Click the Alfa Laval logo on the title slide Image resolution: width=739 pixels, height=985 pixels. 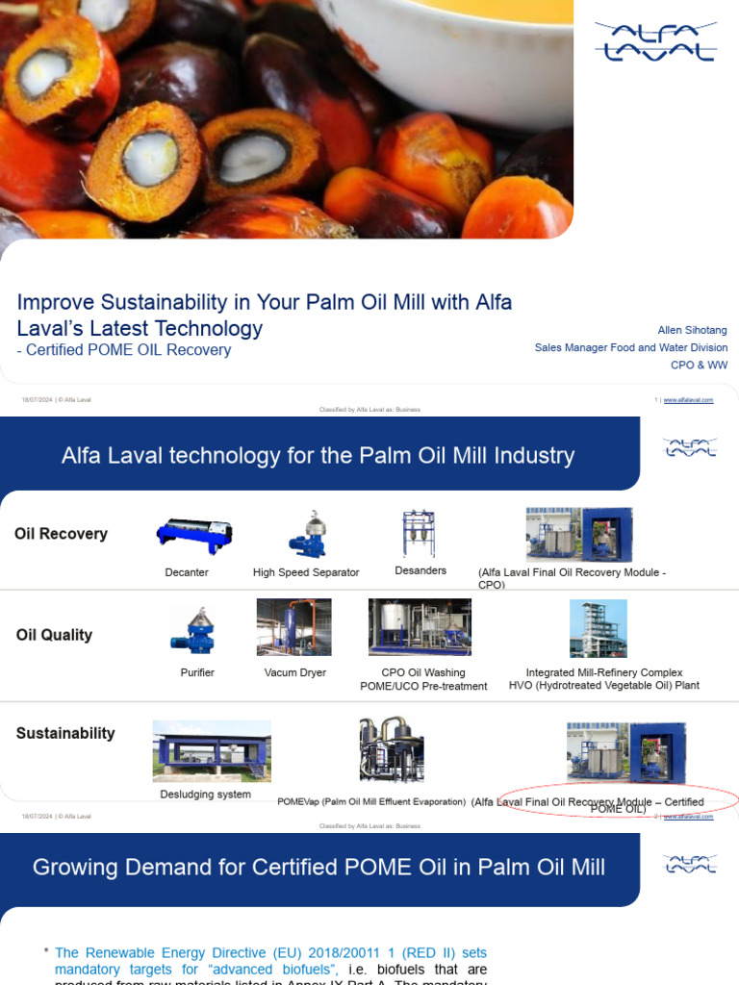(x=654, y=41)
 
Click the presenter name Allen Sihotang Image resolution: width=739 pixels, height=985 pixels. (x=692, y=330)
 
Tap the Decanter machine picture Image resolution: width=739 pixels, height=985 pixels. (x=193, y=536)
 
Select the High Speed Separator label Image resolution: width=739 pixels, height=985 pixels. (x=306, y=572)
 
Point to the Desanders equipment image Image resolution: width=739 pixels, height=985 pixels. (x=419, y=533)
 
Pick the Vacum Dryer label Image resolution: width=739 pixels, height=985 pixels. (x=294, y=672)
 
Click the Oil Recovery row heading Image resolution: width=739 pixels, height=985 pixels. (x=61, y=534)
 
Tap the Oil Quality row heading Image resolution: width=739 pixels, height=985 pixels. (x=54, y=635)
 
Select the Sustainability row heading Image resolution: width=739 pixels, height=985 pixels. (x=65, y=733)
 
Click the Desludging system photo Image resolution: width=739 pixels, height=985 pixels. (x=211, y=751)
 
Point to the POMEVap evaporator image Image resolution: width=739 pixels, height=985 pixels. (x=391, y=748)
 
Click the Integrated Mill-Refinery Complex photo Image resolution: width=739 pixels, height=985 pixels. (x=598, y=628)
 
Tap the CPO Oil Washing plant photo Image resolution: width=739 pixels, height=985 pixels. (x=420, y=627)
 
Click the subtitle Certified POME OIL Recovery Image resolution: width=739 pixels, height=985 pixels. (x=128, y=350)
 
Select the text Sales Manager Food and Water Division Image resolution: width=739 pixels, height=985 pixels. (x=630, y=347)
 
